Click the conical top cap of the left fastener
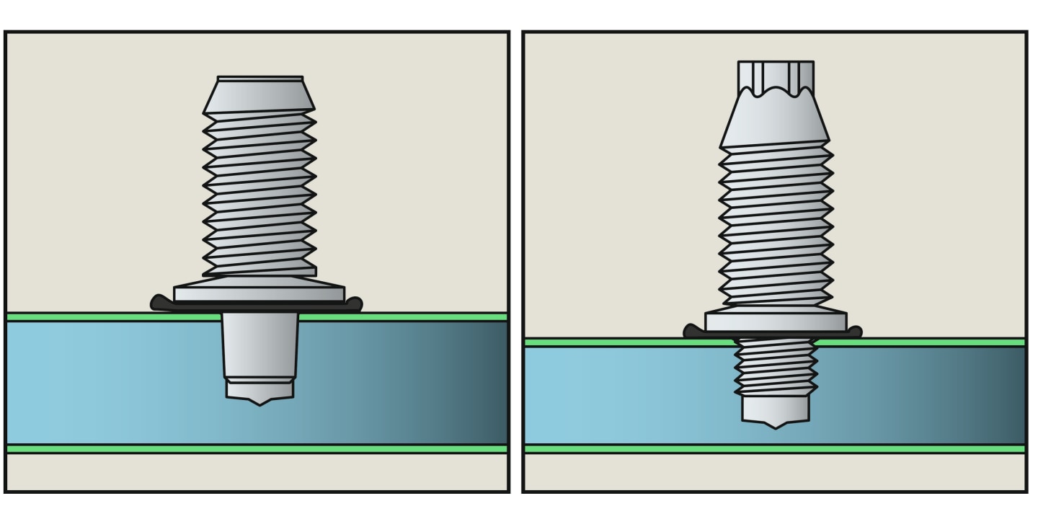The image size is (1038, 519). tap(259, 97)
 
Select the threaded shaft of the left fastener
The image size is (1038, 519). tap(259, 195)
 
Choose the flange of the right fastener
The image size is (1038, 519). tap(776, 320)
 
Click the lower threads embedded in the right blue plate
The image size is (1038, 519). tap(776, 368)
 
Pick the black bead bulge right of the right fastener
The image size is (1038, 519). tap(854, 332)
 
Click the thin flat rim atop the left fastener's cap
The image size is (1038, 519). tap(259, 78)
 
